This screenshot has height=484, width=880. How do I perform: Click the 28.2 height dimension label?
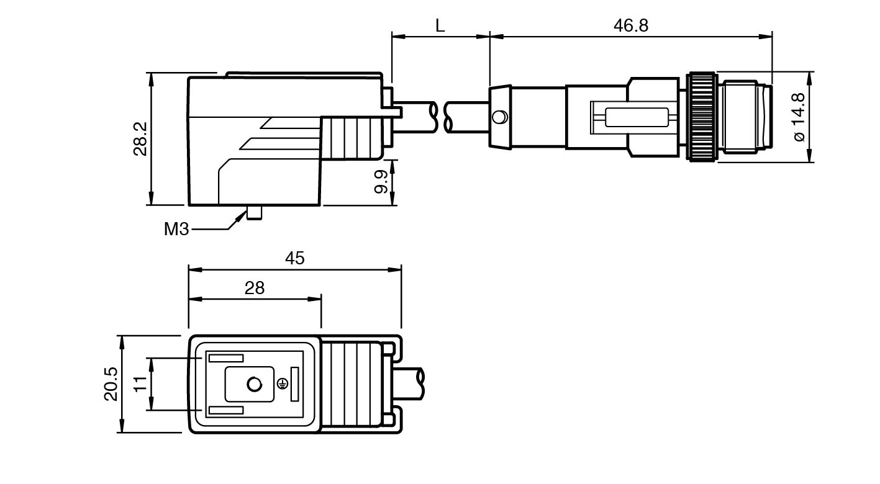(x=141, y=138)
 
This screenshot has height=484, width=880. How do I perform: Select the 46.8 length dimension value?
(x=630, y=25)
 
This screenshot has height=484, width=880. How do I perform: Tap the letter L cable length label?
(x=440, y=25)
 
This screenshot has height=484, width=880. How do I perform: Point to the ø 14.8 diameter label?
(x=799, y=117)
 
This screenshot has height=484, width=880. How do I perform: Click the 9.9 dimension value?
(x=381, y=181)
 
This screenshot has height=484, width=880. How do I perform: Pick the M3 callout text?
(x=176, y=229)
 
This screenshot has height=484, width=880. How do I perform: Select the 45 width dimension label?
(x=295, y=258)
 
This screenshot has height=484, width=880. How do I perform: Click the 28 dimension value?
(x=255, y=288)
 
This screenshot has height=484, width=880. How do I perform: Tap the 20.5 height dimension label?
(x=111, y=384)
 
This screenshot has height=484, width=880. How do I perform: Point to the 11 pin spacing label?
(x=140, y=384)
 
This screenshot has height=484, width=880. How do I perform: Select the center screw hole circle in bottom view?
(x=254, y=385)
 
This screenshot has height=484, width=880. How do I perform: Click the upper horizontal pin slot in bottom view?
(x=225, y=358)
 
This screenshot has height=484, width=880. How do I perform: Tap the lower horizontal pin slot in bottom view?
(x=225, y=410)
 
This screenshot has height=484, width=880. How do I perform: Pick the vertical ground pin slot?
(x=294, y=384)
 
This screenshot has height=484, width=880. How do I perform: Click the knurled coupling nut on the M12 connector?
(x=701, y=117)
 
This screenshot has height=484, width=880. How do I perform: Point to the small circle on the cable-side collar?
(x=499, y=117)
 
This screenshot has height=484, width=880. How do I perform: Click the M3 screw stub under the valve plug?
(x=254, y=212)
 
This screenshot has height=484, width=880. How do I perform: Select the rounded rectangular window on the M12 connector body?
(x=637, y=117)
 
